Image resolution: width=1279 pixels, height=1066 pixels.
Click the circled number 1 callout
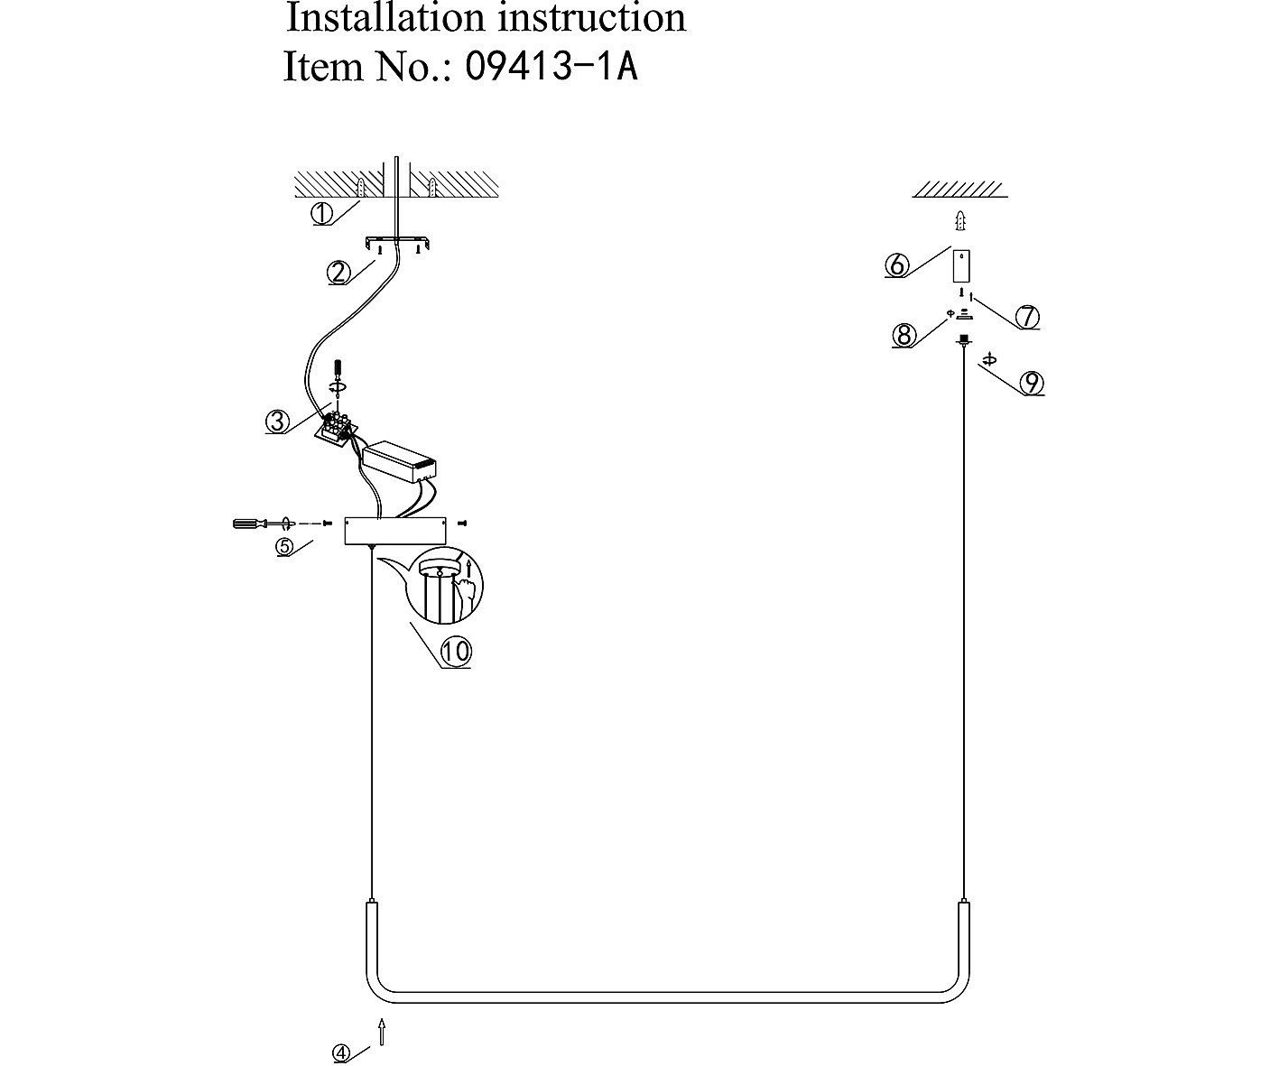tap(322, 214)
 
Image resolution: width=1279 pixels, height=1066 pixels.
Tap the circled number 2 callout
tap(338, 272)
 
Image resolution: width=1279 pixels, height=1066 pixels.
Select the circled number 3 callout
tap(277, 422)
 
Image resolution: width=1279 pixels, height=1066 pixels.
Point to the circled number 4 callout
tap(340, 1052)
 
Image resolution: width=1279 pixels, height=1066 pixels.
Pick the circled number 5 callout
tap(284, 546)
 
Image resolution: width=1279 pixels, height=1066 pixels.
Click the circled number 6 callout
tap(896, 265)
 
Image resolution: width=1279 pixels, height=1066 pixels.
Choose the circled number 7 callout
tap(1027, 318)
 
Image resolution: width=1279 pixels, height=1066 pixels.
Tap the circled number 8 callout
tap(904, 336)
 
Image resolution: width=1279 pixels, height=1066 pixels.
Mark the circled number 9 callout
tap(1031, 384)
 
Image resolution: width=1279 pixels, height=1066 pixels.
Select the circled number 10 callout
tap(456, 652)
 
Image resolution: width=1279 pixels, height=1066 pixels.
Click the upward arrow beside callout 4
tap(383, 1032)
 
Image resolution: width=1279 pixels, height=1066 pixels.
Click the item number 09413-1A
tap(551, 67)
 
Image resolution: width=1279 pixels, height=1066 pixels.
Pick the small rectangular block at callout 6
tap(962, 266)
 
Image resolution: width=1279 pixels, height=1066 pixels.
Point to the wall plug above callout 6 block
tap(963, 219)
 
